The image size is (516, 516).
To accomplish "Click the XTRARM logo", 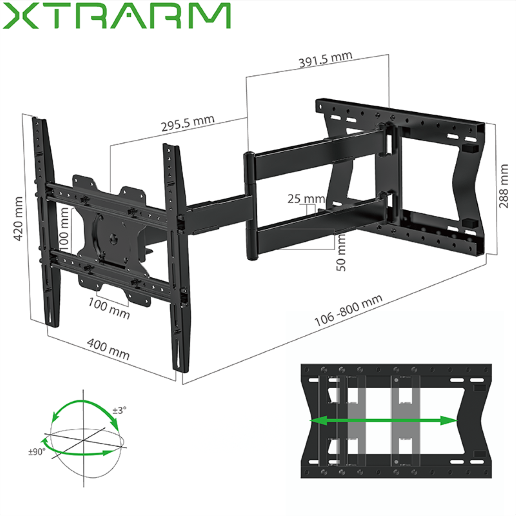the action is (116, 16).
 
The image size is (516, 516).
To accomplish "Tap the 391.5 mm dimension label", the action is (326, 59).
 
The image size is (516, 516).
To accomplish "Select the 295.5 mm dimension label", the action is (187, 123).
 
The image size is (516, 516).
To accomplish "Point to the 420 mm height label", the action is (18, 218).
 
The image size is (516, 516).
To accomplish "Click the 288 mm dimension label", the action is (504, 186).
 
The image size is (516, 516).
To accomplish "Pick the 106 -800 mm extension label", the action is (348, 310).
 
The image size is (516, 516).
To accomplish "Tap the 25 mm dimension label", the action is (306, 199).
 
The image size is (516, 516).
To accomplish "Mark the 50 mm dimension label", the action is (341, 252).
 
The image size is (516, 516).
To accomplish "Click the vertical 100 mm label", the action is (64, 229).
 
